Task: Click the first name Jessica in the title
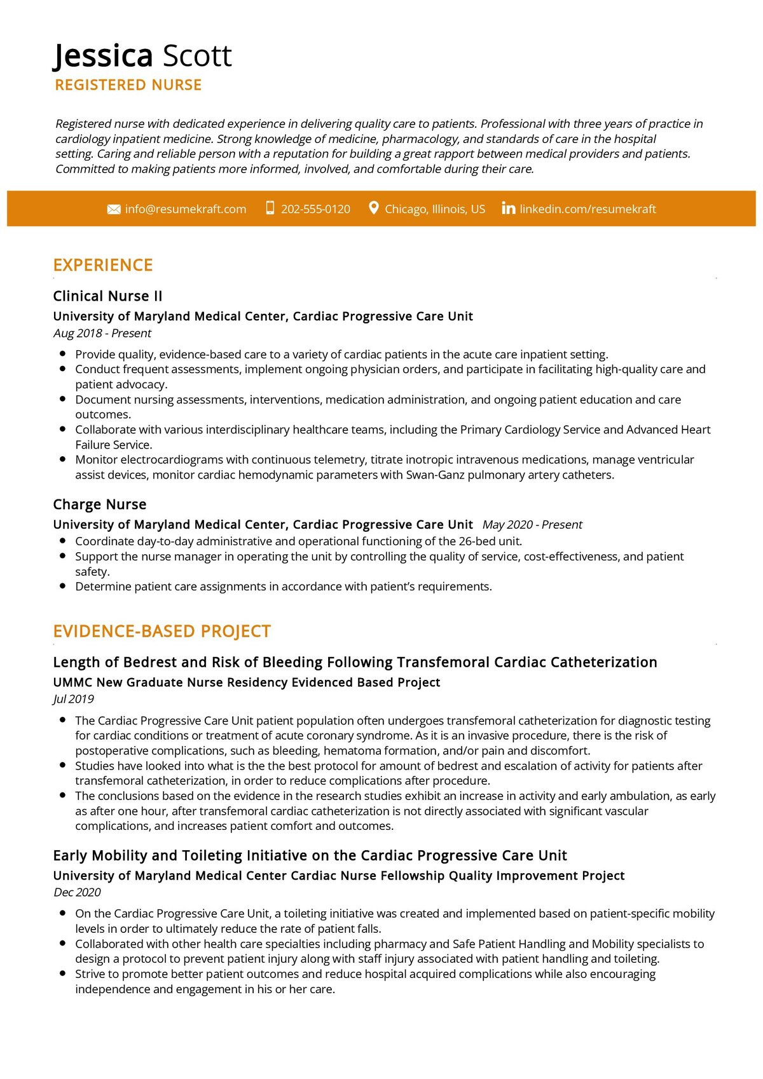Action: (103, 56)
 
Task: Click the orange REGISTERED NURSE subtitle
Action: (128, 85)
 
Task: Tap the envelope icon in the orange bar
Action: (114, 210)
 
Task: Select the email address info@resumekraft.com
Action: (185, 209)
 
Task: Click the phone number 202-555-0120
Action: (315, 209)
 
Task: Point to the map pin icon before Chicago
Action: (374, 208)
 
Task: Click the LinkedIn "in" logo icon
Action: (508, 208)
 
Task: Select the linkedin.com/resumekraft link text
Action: (588, 209)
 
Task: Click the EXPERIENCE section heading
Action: (103, 265)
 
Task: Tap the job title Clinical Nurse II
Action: (107, 296)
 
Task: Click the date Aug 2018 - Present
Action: (102, 333)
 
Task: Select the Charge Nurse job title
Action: (100, 505)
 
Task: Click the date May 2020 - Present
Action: (532, 525)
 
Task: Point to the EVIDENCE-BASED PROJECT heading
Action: (162, 631)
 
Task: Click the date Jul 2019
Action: (73, 699)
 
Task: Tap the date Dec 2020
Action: (77, 892)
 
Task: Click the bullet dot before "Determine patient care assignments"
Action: (62, 586)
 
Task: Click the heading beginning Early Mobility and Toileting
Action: (310, 855)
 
